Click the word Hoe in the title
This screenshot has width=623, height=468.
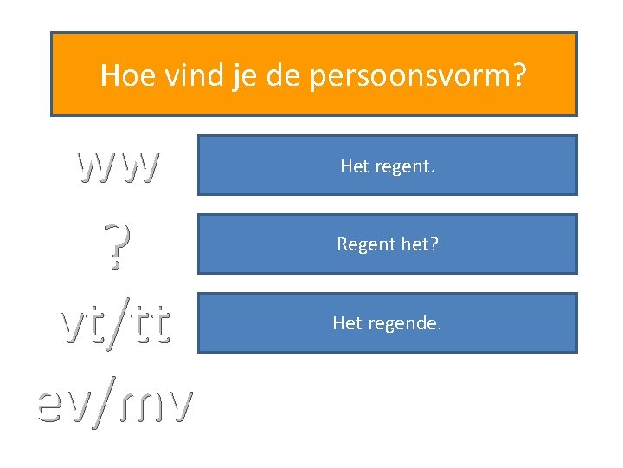pos(120,76)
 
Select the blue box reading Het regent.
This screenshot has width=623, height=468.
pos(387,165)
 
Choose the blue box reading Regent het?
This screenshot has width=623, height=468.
pos(387,244)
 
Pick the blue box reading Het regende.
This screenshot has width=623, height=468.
pos(387,323)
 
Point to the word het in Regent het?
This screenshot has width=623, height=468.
pos(419,245)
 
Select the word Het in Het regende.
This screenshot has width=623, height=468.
pos(347,323)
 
